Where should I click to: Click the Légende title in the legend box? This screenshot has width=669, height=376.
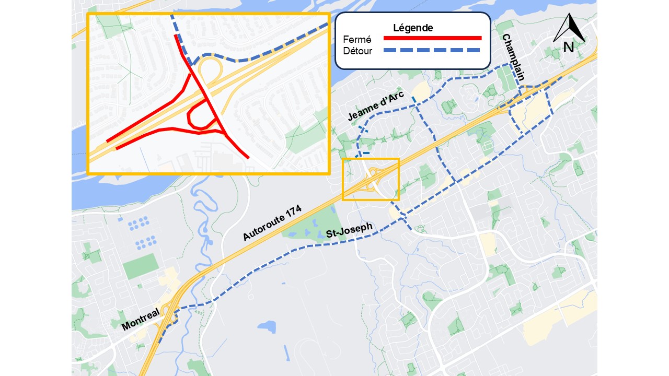click(x=413, y=28)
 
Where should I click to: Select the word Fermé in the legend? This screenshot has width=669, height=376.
click(x=357, y=40)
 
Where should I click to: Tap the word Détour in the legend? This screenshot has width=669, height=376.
click(x=357, y=51)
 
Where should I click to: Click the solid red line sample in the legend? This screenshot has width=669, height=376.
click(x=432, y=38)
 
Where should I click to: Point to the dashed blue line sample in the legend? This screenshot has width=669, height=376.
click(x=432, y=50)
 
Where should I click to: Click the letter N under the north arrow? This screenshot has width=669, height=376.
click(x=569, y=47)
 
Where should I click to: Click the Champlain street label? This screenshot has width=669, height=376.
click(x=513, y=57)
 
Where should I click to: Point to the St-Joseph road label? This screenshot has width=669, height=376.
click(x=349, y=230)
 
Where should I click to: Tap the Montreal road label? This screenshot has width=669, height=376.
click(x=140, y=319)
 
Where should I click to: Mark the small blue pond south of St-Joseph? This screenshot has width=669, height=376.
click(x=267, y=327)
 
